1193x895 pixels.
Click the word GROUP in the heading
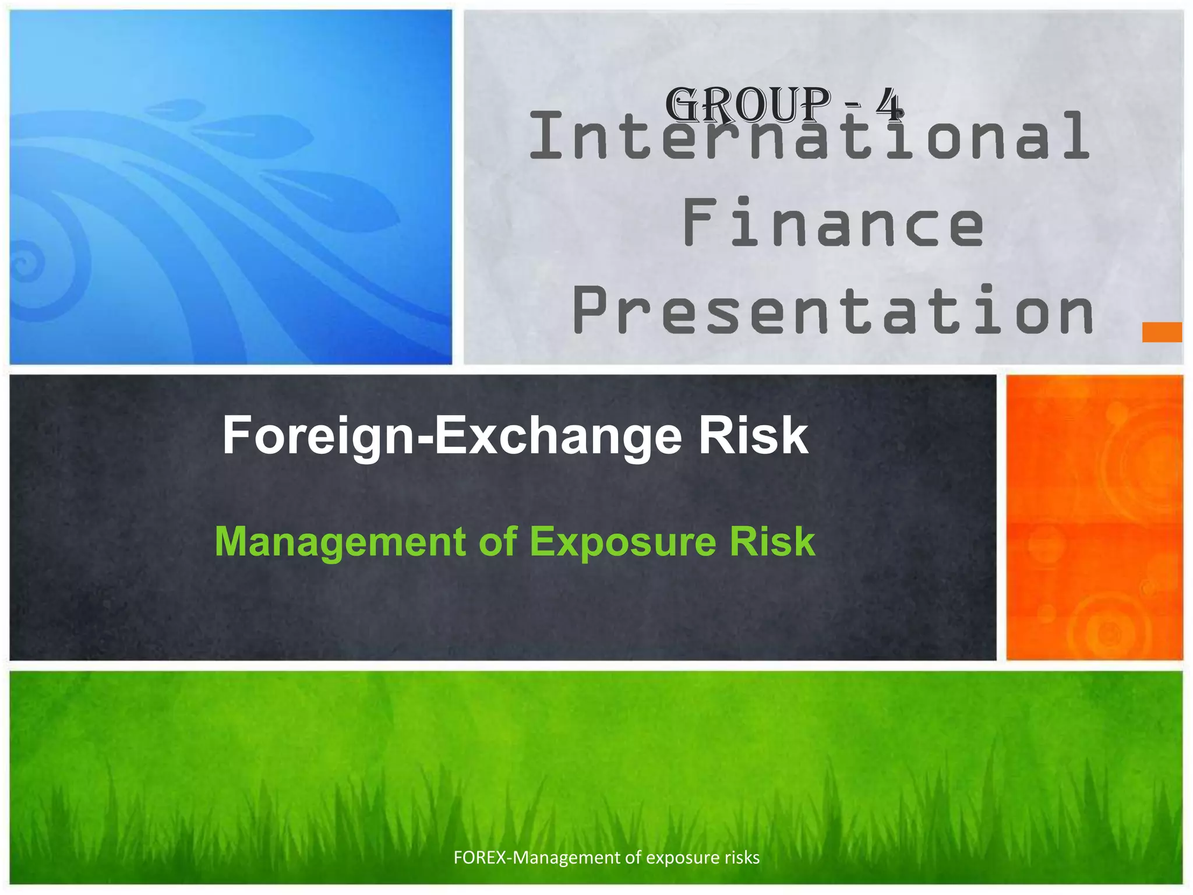click(x=748, y=105)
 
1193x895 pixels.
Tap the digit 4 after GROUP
click(x=890, y=105)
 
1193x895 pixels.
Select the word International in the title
click(x=809, y=137)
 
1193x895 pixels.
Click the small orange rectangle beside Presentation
click(x=1162, y=332)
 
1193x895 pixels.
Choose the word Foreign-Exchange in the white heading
click(x=452, y=436)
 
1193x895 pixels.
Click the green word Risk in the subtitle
click(x=772, y=541)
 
